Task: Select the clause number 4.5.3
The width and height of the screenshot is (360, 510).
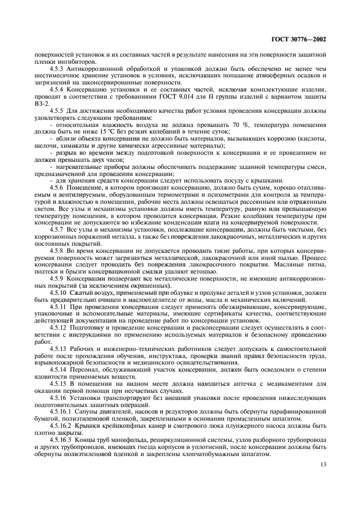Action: point(58,69)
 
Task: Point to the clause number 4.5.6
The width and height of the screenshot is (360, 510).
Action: point(58,187)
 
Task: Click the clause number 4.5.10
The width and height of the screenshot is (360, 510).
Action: point(60,293)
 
